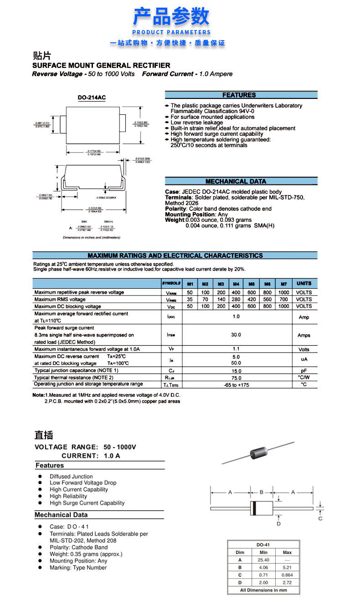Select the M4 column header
coord(236,283)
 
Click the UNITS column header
coord(304,283)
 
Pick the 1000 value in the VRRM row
coord(283,292)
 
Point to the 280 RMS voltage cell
coord(236,299)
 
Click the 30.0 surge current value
coord(236,335)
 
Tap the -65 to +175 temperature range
coord(236,385)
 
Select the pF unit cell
coord(304,371)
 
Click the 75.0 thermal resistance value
coord(236,378)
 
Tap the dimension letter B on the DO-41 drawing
coord(261,492)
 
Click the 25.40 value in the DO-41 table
coord(263,560)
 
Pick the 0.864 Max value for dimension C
coord(287,575)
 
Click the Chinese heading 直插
coord(44,435)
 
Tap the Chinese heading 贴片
coord(42,56)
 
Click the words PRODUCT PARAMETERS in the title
coord(171,32)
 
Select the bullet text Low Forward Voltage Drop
coord(83,483)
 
